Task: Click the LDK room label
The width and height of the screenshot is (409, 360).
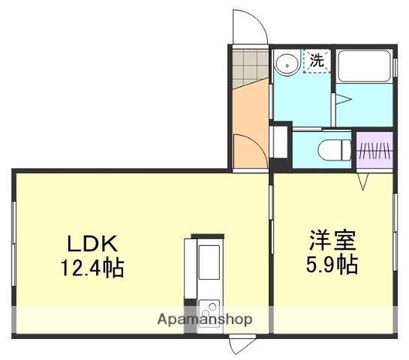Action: pos(92,244)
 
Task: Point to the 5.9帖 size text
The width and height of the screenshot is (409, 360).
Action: pos(331,265)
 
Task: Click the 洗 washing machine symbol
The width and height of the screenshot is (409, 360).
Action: pos(317,61)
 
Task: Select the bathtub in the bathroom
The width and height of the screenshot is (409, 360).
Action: pos(363,67)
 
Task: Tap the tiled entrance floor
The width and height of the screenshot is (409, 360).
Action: pos(248,67)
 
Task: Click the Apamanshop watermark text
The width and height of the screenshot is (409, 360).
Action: pos(204,319)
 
